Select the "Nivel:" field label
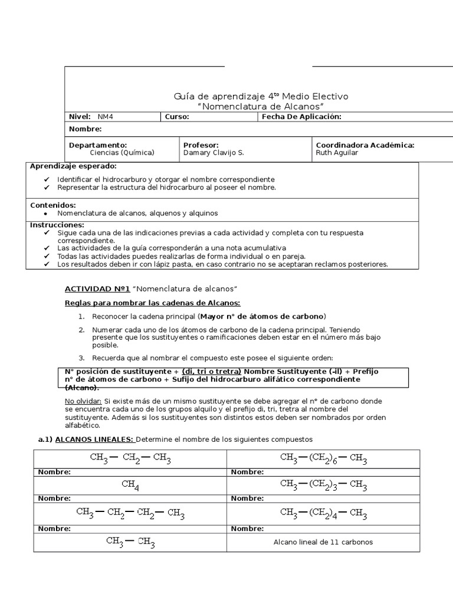[x=80, y=117]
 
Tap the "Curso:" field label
[x=177, y=117]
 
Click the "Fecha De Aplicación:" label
[x=301, y=117]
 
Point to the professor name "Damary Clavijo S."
[x=213, y=153]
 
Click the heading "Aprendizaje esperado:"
[x=73, y=166]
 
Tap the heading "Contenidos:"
[x=53, y=205]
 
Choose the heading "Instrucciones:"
[x=57, y=225]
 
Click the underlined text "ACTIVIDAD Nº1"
[x=96, y=288]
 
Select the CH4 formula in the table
[x=130, y=485]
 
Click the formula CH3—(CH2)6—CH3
[x=324, y=458]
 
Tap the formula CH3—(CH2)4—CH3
[x=324, y=513]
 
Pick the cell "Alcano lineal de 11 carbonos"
[x=323, y=542]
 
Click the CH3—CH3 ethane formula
[x=130, y=541]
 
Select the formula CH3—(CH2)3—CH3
[x=324, y=485]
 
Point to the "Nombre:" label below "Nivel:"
[x=86, y=129]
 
